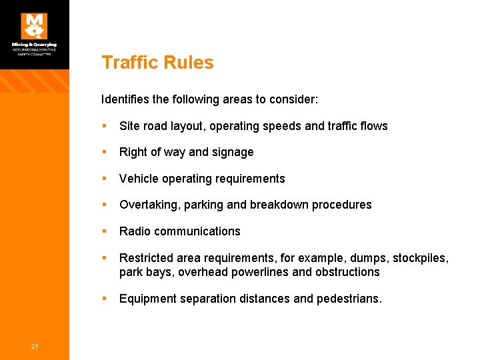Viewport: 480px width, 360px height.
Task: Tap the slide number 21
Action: [34, 345]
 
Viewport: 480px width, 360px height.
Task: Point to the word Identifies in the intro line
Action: [125, 99]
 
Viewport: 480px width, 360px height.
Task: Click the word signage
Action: [233, 153]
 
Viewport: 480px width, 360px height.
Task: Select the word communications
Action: [198, 231]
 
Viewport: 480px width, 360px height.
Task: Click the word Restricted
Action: [146, 258]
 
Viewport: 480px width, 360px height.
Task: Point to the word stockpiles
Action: [420, 258]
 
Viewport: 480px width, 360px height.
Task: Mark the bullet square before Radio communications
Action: [105, 231]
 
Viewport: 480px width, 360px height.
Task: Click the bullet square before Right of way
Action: [105, 152]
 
